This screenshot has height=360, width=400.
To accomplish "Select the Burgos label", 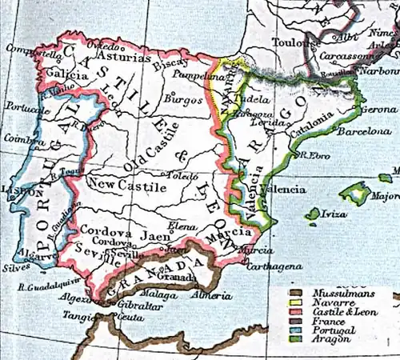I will [x=180, y=102].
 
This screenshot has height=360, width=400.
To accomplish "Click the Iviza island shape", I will [x=313, y=214].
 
